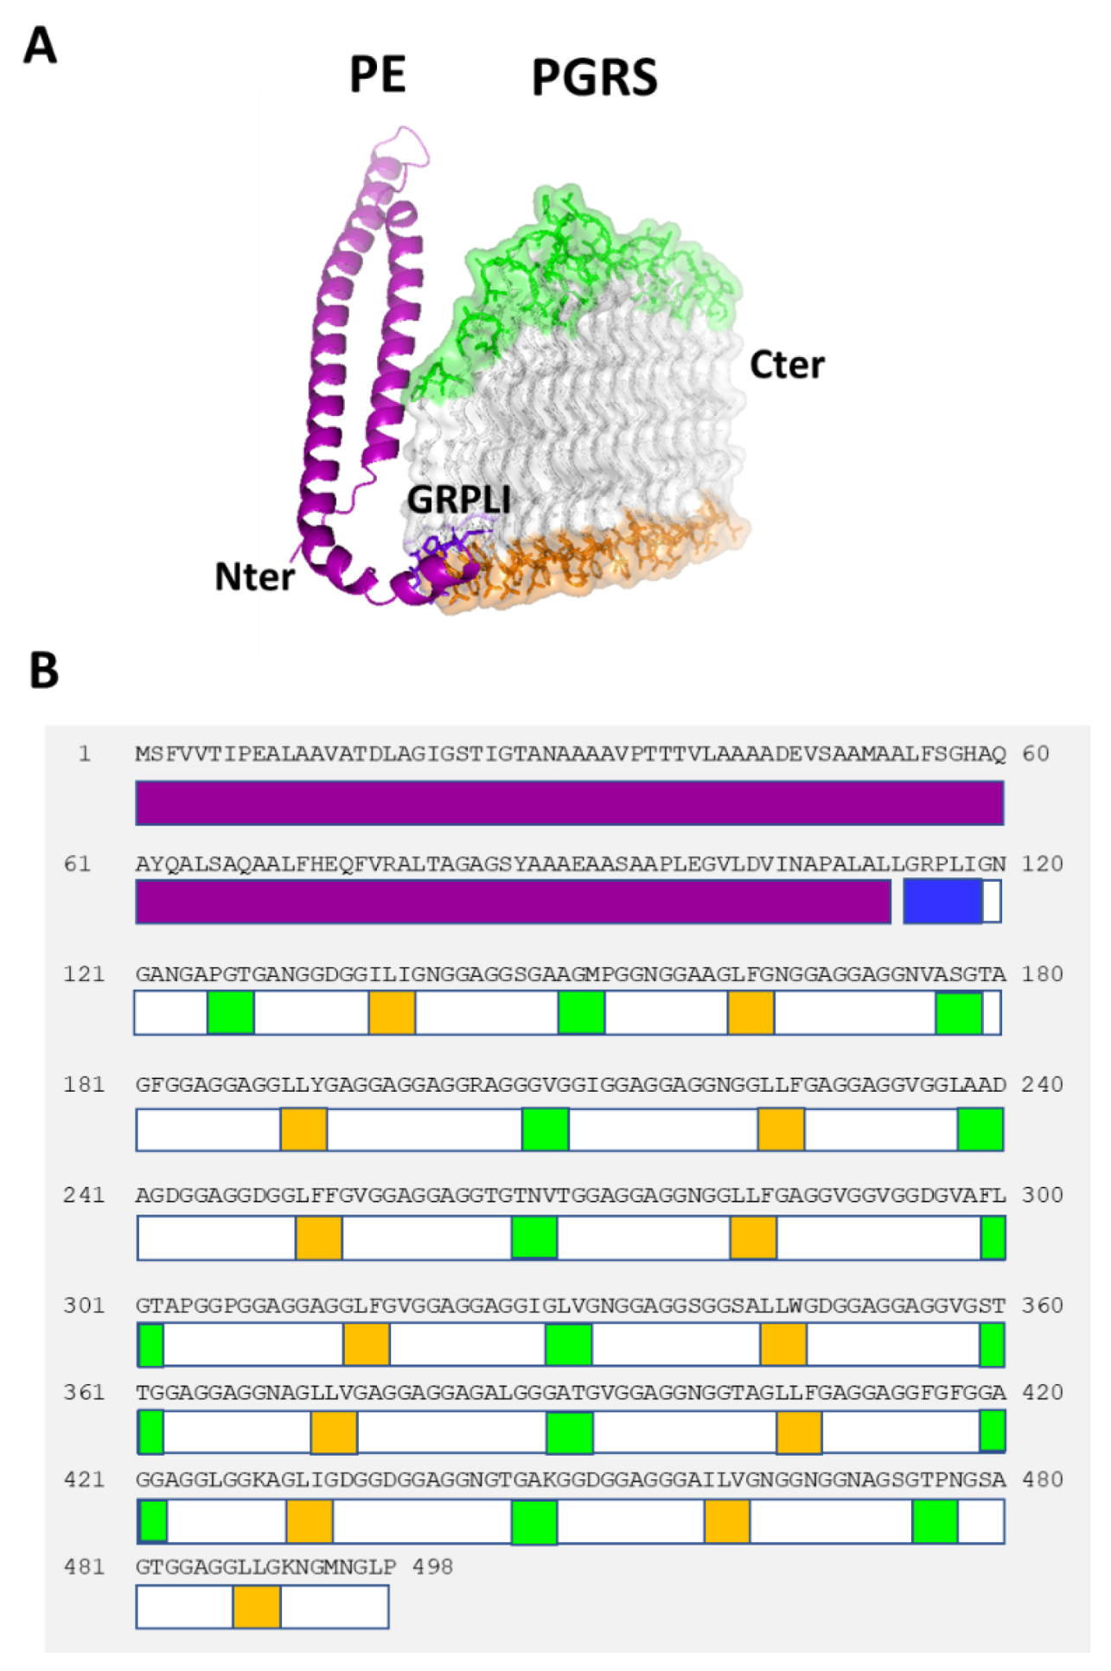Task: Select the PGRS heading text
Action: (594, 78)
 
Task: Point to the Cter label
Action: (786, 366)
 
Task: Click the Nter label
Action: (254, 577)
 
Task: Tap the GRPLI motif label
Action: (458, 500)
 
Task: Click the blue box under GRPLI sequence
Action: (942, 902)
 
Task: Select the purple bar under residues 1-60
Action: (569, 803)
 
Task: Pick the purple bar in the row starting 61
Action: (513, 902)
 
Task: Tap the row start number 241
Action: (84, 1196)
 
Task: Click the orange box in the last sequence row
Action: (257, 1607)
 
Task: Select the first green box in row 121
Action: (231, 1012)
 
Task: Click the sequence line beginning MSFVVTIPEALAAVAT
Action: (570, 754)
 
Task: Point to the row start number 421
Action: (84, 1480)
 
